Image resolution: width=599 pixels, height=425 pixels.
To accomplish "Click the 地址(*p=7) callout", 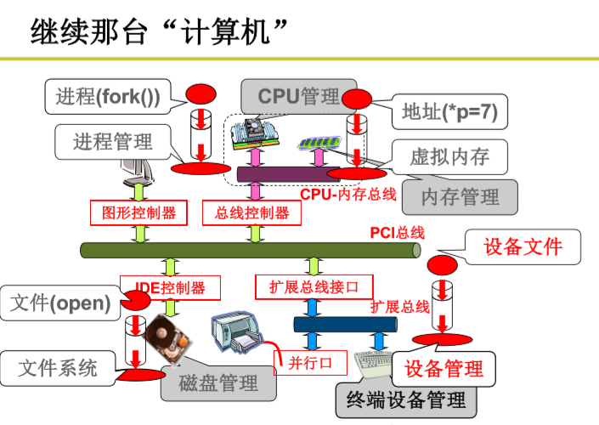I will [449, 110].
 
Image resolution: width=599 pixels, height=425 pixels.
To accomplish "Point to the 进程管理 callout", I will [112, 141].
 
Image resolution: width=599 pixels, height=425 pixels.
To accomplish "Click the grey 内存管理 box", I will [460, 197].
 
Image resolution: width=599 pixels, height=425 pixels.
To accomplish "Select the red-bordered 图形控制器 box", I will [138, 212].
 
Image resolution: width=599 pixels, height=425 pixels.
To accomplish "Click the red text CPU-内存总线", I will [348, 194].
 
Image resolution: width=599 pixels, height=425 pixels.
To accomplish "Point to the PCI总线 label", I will [397, 232].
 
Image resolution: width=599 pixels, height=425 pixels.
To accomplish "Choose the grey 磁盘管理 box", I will [218, 383].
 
